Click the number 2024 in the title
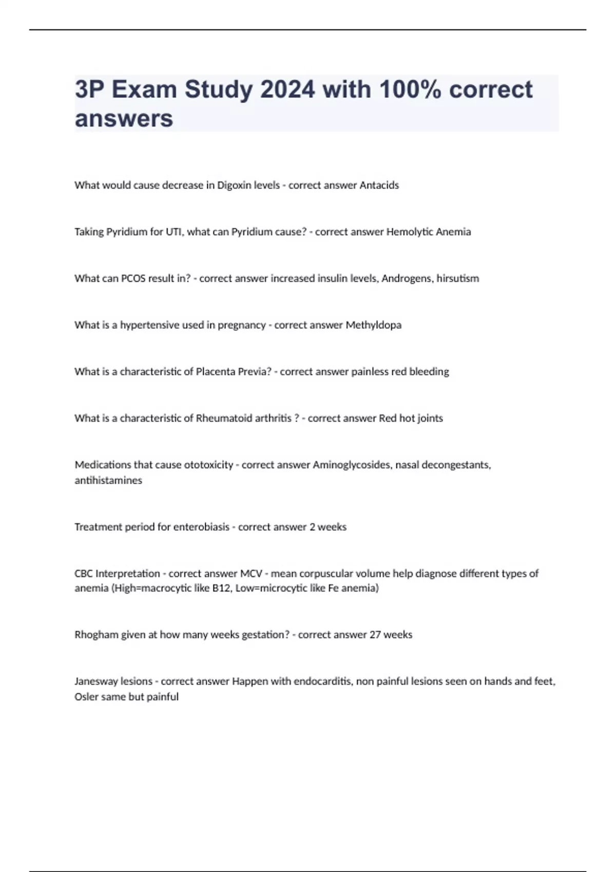(287, 90)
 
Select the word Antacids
(379, 185)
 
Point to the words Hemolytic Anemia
(428, 232)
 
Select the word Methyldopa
(373, 325)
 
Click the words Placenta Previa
(233, 371)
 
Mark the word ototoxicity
(208, 465)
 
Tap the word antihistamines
(108, 481)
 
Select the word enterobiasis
(201, 527)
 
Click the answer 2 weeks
(328, 527)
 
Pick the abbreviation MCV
(251, 573)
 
